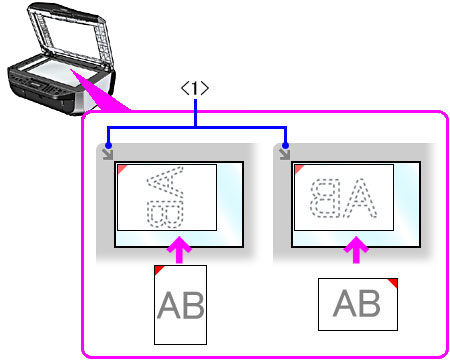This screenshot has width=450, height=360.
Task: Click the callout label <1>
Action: click(195, 88)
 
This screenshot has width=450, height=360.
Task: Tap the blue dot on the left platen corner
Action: click(108, 146)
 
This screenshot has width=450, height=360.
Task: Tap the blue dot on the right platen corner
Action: click(285, 146)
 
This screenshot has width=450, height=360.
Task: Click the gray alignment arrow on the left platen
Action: click(108, 154)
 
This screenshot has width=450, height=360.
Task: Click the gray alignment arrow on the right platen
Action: click(285, 154)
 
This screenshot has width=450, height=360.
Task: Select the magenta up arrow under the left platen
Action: click(179, 249)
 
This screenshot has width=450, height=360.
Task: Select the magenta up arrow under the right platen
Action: click(356, 249)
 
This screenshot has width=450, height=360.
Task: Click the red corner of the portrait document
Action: click(158, 269)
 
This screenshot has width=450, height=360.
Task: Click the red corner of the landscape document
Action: click(394, 282)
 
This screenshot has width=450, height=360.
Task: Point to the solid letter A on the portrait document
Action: click(169, 305)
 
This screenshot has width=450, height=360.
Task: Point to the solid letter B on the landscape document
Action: click(369, 303)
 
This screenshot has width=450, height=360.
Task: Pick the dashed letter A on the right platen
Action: click(360, 198)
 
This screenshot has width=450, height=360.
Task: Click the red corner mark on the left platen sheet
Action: click(121, 168)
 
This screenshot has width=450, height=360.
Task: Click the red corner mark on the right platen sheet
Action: click(298, 168)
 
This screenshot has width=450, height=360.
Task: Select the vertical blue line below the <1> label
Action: click(196, 113)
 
